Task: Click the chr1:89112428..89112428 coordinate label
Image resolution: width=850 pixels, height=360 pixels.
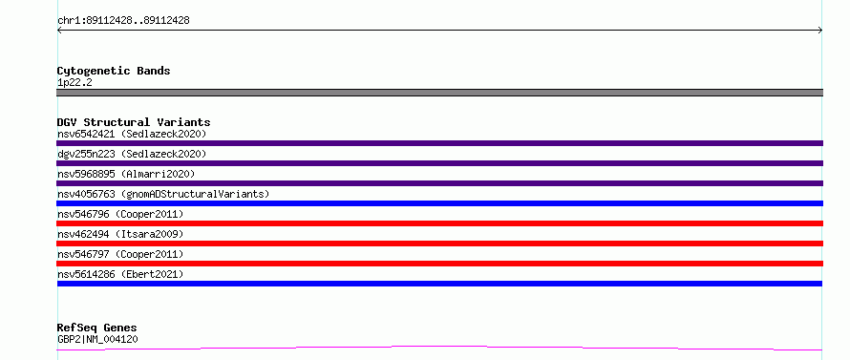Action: [123, 21]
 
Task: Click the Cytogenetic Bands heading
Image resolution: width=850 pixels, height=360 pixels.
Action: [114, 71]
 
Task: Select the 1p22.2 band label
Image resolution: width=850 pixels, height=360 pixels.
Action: [74, 82]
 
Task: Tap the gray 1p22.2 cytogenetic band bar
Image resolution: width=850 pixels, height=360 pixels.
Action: [439, 93]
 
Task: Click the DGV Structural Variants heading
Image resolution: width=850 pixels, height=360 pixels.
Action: [134, 122]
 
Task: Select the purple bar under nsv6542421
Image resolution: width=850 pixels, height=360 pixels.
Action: [439, 143]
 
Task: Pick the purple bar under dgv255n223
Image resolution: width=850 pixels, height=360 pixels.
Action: [439, 163]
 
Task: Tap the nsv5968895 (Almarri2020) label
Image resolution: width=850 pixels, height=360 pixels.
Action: [126, 174]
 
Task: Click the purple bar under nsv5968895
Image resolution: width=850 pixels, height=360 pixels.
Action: [439, 183]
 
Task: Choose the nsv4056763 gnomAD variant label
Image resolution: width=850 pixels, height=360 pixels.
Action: [163, 194]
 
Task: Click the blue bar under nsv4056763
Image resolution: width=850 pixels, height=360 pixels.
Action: [439, 203]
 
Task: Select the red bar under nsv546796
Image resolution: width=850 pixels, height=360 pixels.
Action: [439, 223]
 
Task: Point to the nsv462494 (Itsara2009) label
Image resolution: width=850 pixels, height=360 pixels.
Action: [120, 234]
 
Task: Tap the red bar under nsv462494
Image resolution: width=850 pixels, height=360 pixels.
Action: [439, 244]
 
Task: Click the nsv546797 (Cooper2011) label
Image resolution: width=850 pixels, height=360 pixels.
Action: [120, 254]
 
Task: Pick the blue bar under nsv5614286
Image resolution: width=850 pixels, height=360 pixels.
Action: [439, 284]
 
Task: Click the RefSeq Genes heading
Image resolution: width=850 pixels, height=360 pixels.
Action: [97, 328]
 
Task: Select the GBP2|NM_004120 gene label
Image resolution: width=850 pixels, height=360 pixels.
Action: [97, 339]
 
